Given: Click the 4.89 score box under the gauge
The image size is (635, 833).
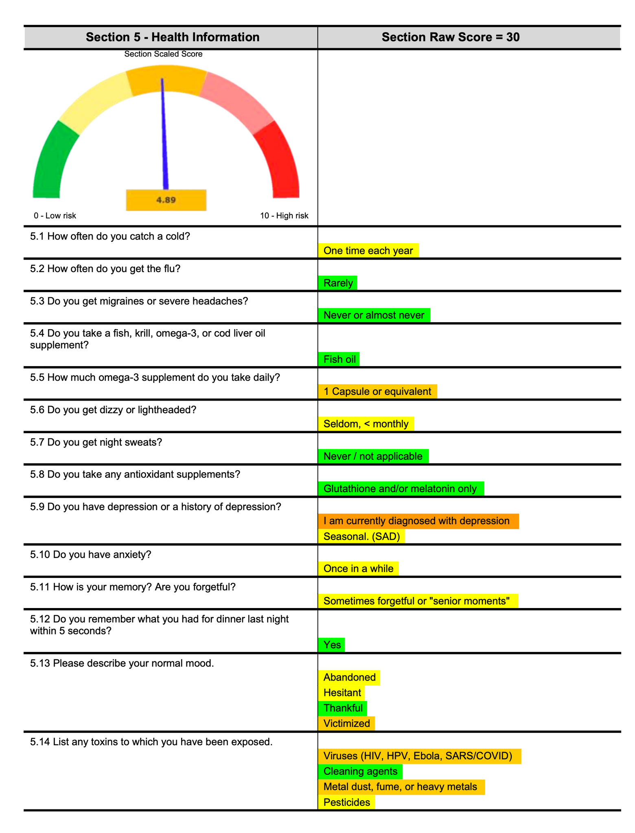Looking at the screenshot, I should [166, 200].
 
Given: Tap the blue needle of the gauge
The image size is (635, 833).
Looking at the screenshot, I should [164, 134].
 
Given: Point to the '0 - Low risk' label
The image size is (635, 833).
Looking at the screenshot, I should [55, 216].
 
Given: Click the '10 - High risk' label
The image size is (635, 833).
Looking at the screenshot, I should [284, 216].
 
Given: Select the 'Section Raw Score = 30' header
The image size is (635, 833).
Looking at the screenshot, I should [451, 37].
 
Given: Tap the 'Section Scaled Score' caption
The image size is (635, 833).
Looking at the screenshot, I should [163, 54].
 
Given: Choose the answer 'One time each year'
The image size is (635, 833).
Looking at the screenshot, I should [368, 251].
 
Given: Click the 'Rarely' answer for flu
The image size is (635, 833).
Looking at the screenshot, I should [338, 283].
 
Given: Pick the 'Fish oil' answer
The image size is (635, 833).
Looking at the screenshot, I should [339, 359].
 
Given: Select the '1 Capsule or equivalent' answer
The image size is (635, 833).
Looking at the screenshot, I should [377, 391].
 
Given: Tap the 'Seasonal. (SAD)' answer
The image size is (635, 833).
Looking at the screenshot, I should [361, 536].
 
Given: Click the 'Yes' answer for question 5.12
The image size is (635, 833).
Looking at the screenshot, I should [332, 645].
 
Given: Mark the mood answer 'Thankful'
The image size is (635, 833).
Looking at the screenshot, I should [343, 708].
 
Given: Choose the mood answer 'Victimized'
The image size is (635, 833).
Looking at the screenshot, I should [346, 723].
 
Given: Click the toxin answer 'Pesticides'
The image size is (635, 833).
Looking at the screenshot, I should [346, 802].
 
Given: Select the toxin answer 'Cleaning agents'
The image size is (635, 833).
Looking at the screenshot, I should [360, 771].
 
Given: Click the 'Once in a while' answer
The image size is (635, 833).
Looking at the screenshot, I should [358, 568].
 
